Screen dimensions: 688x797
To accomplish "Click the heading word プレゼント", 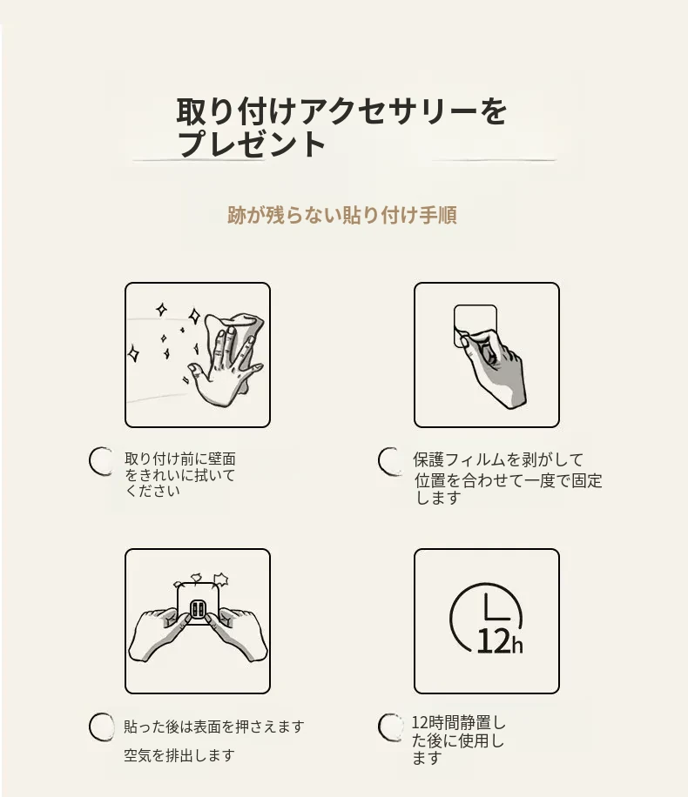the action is click(252, 144).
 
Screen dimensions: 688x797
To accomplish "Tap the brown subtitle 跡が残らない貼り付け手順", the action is click(342, 215).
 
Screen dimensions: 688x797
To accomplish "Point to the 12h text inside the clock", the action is click(500, 641).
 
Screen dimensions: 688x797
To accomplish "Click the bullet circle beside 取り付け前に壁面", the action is click(101, 461).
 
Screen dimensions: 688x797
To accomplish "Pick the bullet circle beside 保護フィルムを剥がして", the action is click(390, 461).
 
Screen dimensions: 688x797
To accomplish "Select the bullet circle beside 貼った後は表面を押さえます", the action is click(101, 727).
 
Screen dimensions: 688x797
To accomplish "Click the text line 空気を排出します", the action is click(179, 755).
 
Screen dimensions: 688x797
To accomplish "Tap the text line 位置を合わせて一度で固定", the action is click(508, 480).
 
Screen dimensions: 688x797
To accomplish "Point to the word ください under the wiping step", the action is click(152, 491).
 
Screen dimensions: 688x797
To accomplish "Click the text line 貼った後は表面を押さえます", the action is click(214, 727).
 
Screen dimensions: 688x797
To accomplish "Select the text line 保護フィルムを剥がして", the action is click(498, 460).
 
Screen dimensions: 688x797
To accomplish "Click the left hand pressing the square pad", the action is click(159, 633).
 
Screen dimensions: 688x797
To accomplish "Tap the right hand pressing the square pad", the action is click(237, 633).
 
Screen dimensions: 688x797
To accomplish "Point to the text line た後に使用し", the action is click(458, 741).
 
